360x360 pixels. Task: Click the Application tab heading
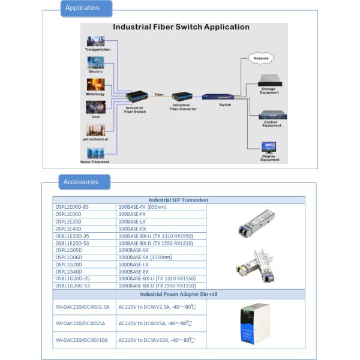pos(82,8)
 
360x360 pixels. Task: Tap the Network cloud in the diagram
pos(261,58)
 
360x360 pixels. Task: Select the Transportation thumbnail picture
pos(95,41)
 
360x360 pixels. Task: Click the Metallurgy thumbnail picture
pos(95,84)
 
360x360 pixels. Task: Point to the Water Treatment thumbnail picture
pos(95,154)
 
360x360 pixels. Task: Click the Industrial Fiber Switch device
pos(136,96)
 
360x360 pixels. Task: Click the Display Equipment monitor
pos(269,148)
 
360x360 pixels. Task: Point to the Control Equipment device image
pos(272,115)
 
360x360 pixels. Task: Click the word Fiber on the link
pos(159,95)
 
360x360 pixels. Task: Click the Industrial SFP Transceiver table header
pos(179,200)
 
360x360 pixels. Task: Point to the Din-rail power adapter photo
pos(254,324)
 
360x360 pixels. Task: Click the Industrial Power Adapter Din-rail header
pos(179,294)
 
